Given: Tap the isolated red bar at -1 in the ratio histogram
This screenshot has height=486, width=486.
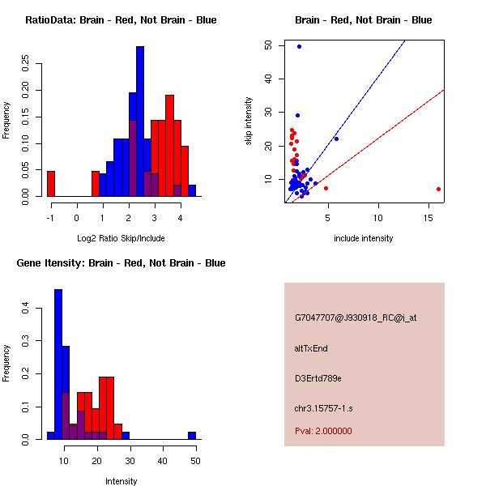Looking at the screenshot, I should [50, 183].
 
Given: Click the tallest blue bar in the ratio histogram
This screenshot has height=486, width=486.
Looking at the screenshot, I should [140, 122].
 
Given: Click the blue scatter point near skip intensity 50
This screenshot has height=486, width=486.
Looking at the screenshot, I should [299, 46].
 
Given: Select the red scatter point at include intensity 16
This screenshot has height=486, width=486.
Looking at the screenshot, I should [438, 189].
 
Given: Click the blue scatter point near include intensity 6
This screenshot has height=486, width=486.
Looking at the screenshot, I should [336, 139].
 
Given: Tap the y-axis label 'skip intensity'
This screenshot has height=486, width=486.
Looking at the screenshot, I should [249, 122].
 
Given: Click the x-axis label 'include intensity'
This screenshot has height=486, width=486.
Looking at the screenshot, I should [363, 238].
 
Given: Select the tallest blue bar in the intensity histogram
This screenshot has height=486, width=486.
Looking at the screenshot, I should [58, 364].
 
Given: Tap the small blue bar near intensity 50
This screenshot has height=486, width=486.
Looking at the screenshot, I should [192, 435].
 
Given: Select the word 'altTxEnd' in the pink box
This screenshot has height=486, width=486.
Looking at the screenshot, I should [311, 348].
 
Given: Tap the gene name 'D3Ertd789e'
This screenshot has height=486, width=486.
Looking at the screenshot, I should [318, 378].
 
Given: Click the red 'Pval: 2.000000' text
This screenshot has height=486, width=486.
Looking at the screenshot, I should [323, 431].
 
